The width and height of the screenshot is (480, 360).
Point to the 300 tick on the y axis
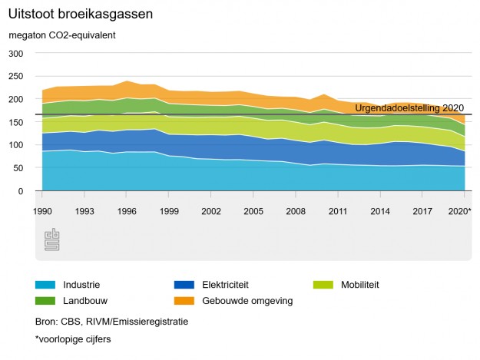[x=16, y=54]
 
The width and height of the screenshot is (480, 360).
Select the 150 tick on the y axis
[x=16, y=122]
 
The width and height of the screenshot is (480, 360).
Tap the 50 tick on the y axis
[x=18, y=168]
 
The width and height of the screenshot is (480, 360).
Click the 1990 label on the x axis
[x=42, y=210]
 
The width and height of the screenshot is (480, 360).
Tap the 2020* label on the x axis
[x=458, y=210]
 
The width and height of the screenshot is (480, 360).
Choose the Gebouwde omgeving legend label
[x=247, y=301]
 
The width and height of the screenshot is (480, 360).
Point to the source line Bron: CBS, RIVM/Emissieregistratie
[x=111, y=322]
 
